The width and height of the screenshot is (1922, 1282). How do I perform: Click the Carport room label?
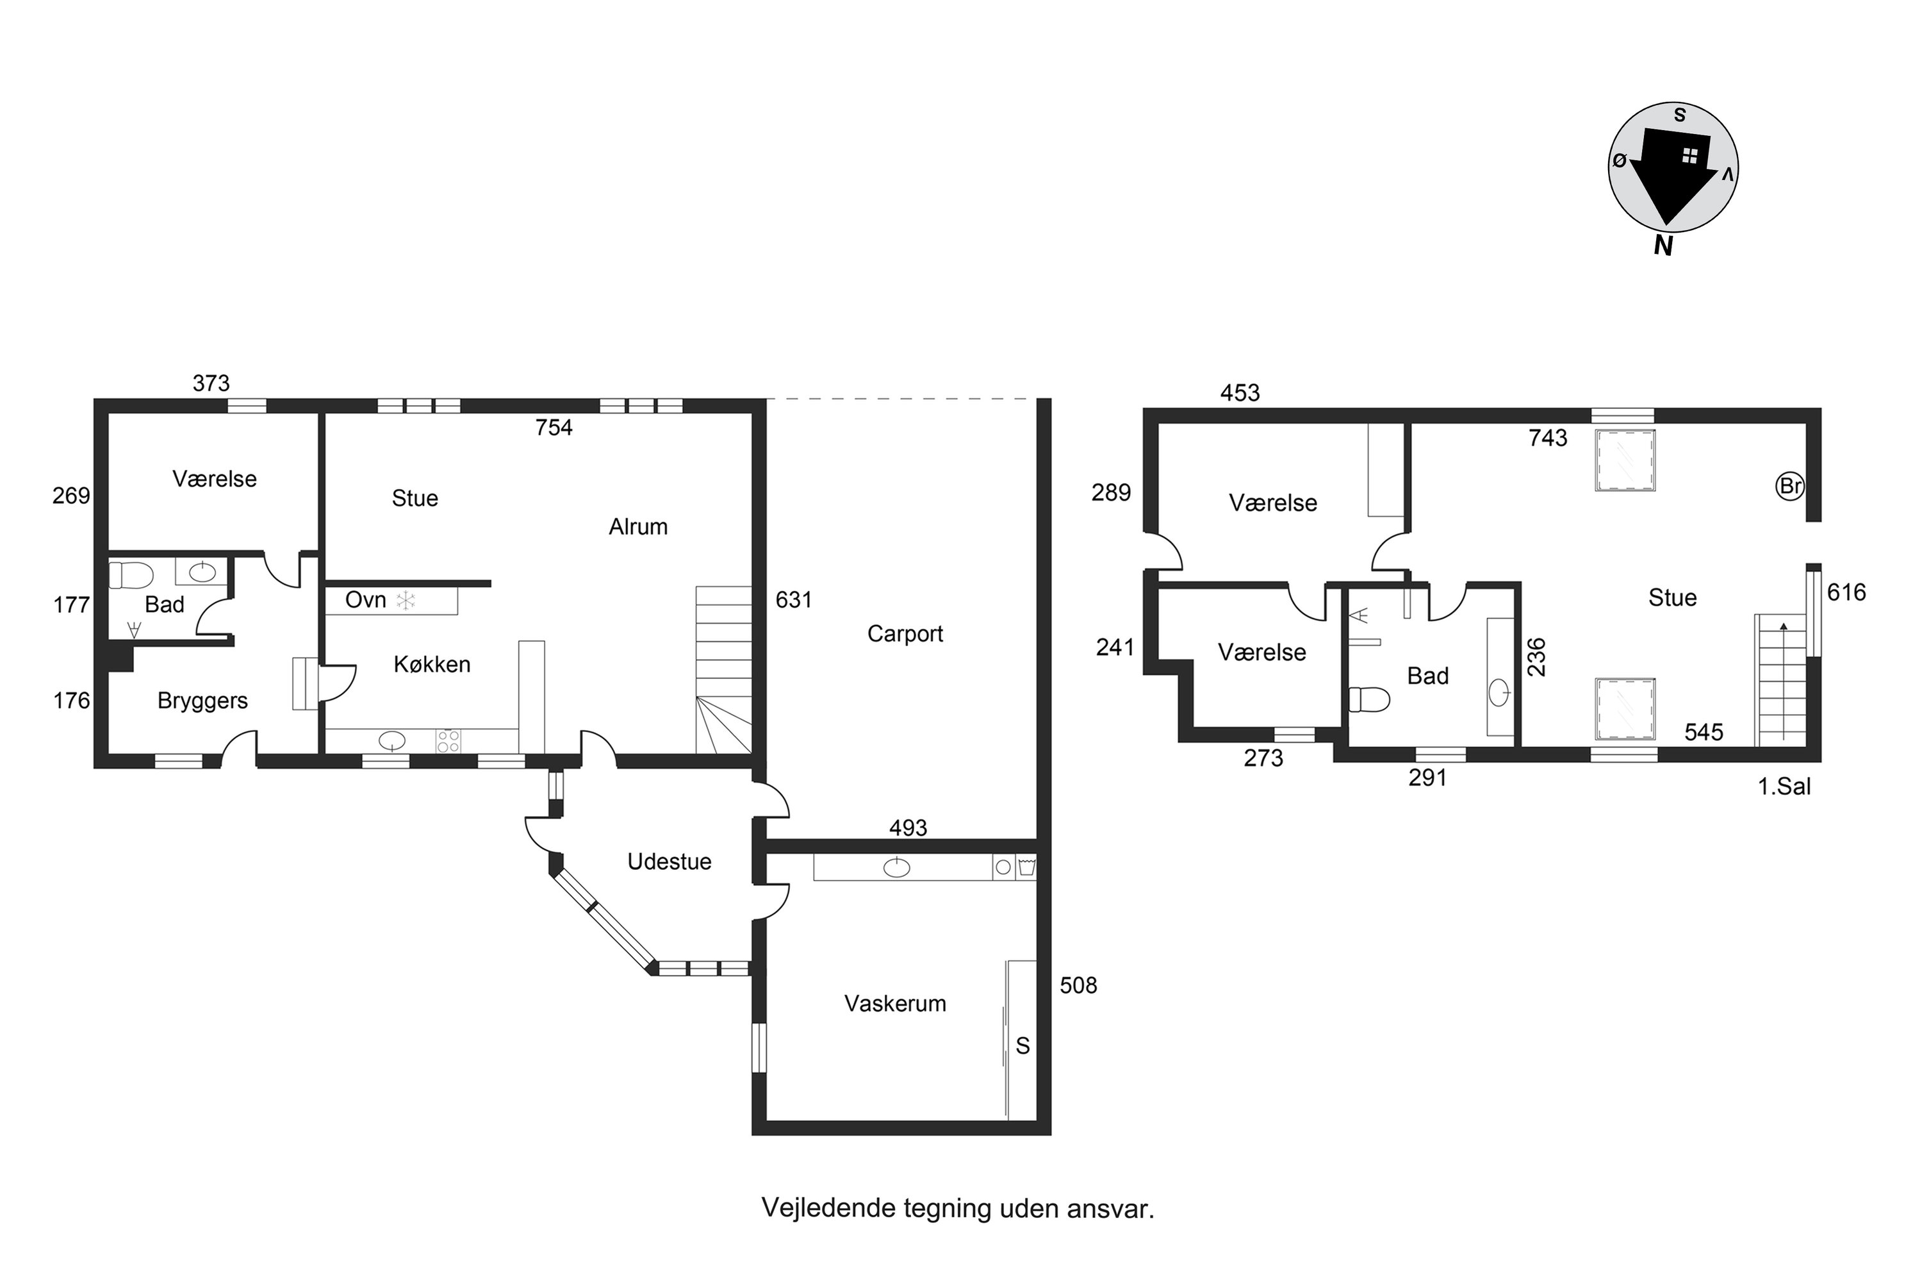(x=905, y=634)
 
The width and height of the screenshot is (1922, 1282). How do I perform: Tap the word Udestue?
(x=669, y=861)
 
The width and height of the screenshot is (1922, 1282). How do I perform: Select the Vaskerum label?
(x=895, y=1003)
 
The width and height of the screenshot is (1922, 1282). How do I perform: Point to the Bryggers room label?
(x=202, y=701)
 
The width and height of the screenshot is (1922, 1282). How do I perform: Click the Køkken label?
(x=432, y=664)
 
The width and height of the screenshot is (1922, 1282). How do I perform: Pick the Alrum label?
(x=638, y=526)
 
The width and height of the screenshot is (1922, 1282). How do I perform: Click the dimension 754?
(x=554, y=427)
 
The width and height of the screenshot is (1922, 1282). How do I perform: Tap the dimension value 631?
(x=794, y=599)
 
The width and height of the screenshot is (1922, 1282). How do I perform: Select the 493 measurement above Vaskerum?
(x=908, y=828)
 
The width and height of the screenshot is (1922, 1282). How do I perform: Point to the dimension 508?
(x=1079, y=985)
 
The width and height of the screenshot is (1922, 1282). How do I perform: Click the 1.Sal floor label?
(x=1785, y=787)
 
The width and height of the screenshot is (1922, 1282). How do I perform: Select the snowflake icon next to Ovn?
(x=406, y=601)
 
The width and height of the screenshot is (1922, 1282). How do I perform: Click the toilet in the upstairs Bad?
(x=1368, y=700)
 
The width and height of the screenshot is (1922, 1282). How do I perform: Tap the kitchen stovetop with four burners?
(x=448, y=741)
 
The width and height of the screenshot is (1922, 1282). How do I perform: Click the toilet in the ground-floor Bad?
(x=131, y=575)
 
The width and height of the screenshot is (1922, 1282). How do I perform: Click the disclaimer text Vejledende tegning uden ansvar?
(x=958, y=1208)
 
